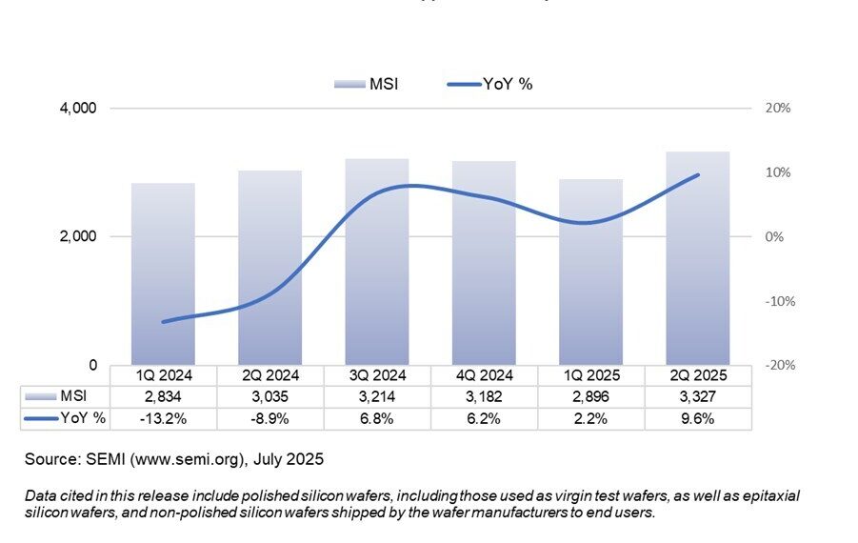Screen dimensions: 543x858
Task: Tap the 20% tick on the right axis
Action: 778,109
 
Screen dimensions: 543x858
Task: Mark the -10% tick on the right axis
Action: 778,301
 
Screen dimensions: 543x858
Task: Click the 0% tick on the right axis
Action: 774,237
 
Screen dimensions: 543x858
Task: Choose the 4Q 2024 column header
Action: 484,375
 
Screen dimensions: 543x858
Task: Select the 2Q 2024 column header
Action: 269,375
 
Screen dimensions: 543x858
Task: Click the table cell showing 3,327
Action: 698,396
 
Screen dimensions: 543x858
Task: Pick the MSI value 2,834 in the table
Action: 163,396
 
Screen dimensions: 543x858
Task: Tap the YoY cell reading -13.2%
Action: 163,418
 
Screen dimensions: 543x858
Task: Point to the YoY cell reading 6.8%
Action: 377,418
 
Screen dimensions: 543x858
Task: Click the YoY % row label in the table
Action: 83,418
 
